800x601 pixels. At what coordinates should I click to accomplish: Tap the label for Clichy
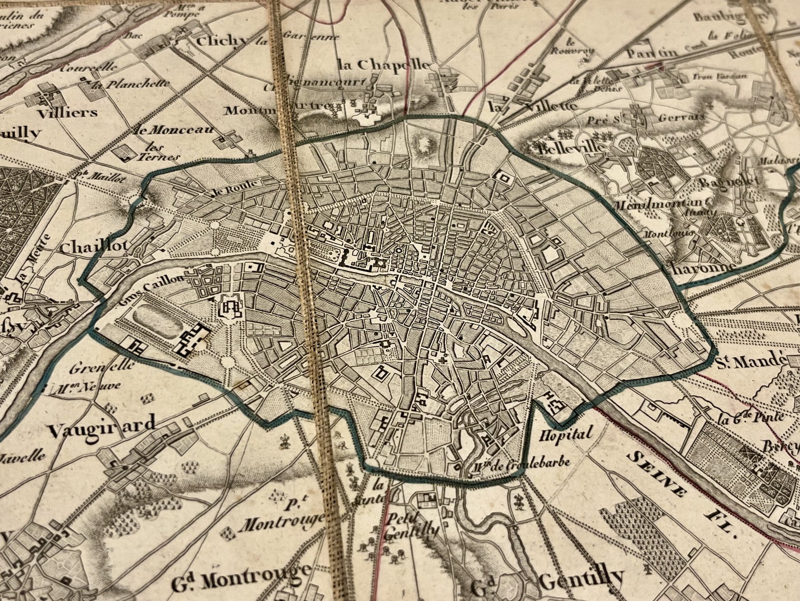click(x=223, y=41)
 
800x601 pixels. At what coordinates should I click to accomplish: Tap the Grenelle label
click(x=102, y=366)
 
